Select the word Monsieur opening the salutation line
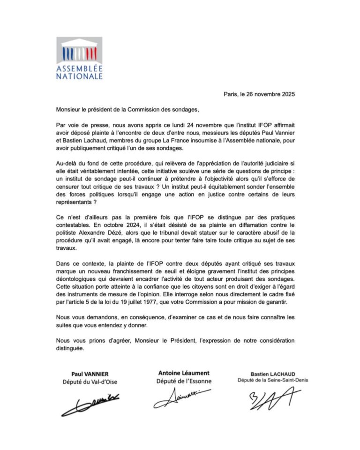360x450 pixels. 69,110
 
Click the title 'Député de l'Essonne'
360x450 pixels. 184,381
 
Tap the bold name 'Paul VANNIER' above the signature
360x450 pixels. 90,374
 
